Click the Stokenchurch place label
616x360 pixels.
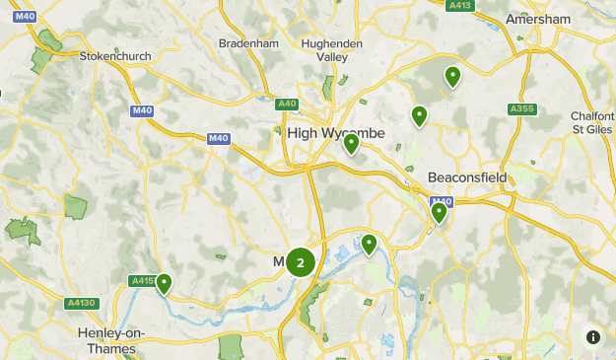115,56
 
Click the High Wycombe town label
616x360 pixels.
336,133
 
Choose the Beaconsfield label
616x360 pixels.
467,178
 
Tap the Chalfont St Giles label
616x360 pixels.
592,121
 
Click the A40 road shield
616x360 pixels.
287,104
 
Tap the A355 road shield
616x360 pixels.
521,108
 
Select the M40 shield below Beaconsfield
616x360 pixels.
441,201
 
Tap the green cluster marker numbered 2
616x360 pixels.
301,262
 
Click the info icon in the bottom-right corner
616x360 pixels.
593,337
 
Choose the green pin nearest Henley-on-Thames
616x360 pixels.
164,284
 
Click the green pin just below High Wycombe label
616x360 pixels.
352,144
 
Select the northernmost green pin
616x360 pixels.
452,75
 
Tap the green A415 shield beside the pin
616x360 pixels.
143,281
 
